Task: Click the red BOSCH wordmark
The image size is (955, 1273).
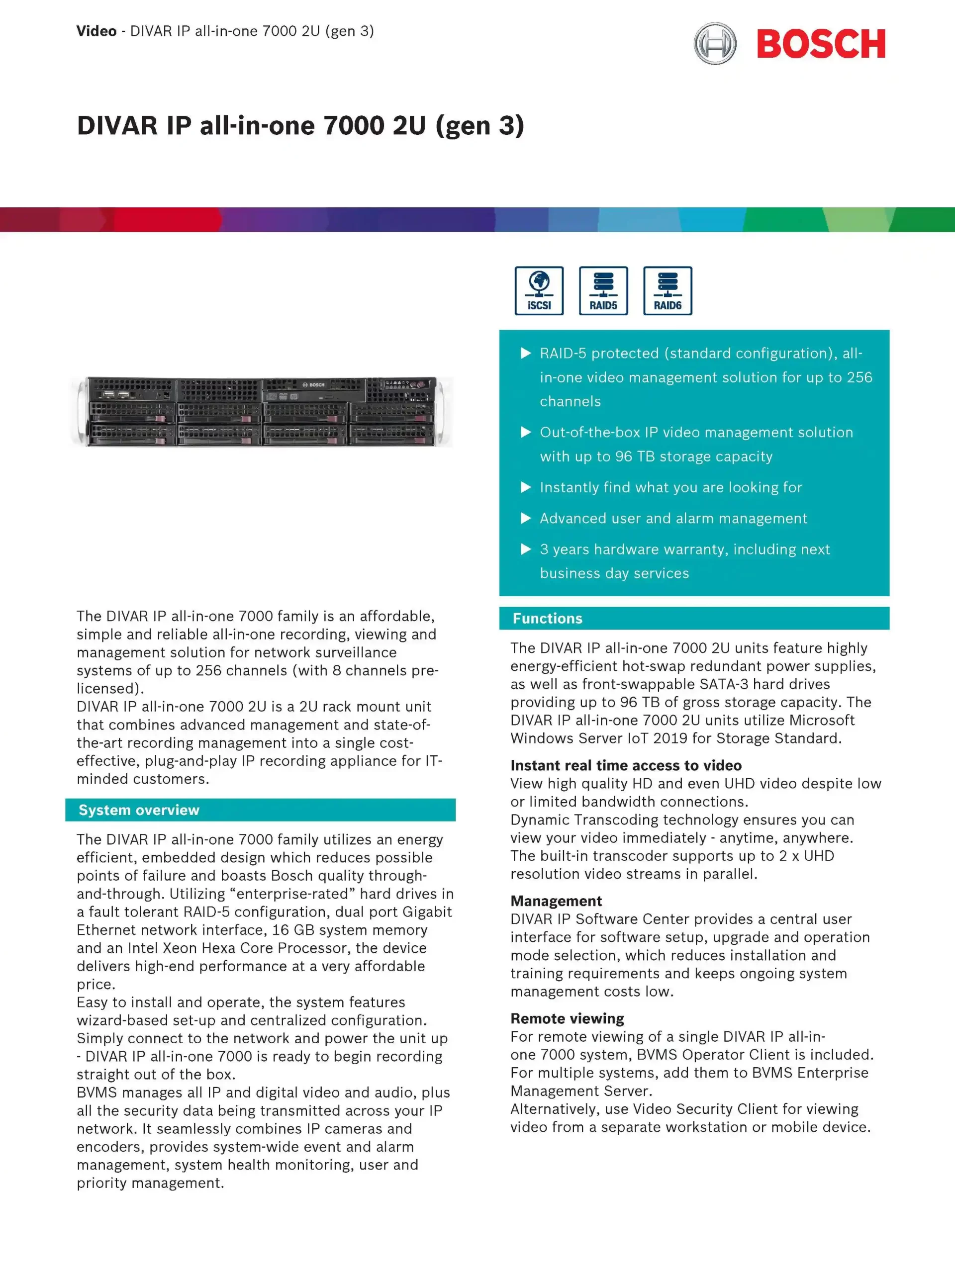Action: coord(820,44)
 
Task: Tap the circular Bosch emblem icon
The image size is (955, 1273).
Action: coord(715,43)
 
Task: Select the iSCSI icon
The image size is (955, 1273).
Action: coord(539,290)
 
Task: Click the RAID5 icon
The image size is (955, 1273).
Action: coord(603,290)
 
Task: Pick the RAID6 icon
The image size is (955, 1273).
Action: coord(667,290)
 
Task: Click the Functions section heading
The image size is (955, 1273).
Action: coord(548,618)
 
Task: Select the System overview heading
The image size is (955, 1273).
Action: coord(139,810)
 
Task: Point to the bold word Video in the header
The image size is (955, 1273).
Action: coord(96,31)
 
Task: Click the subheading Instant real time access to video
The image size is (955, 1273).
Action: coord(626,765)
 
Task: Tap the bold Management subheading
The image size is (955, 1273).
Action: coord(556,901)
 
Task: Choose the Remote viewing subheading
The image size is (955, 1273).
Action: coord(567,1018)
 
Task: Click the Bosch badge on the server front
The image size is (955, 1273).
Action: coord(314,384)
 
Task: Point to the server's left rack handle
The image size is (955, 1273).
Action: coord(81,411)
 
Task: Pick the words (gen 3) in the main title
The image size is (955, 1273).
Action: coord(479,125)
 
